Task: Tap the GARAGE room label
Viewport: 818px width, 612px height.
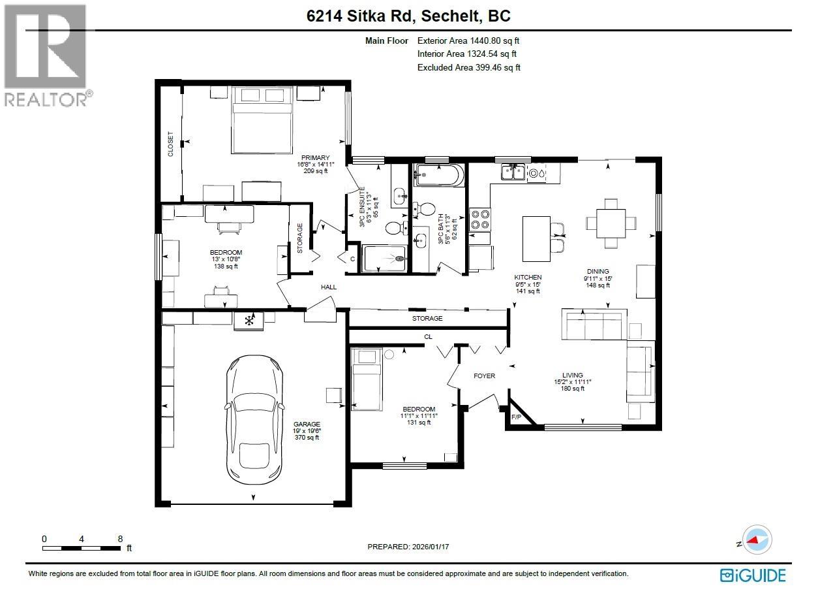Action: tap(307, 424)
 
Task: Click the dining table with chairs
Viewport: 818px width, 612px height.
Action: tap(611, 223)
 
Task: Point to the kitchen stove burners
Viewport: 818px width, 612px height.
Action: tap(479, 219)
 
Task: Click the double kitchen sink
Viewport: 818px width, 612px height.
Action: tap(513, 172)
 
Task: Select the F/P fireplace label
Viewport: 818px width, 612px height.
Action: tap(517, 417)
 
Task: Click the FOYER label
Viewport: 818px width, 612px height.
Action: tap(484, 376)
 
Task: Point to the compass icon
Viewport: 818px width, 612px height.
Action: tap(757, 540)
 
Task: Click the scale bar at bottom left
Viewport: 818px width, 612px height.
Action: tap(82, 547)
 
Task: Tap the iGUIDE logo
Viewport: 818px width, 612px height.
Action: tap(753, 575)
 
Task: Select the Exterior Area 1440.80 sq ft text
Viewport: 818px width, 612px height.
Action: tap(468, 40)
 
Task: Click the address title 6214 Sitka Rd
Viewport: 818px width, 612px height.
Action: tap(408, 16)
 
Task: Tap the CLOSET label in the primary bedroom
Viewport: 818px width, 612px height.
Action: tap(171, 144)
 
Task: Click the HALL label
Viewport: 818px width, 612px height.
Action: tap(328, 287)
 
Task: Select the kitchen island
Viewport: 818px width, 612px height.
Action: tap(536, 238)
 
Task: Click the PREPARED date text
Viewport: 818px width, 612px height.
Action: tap(408, 547)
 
